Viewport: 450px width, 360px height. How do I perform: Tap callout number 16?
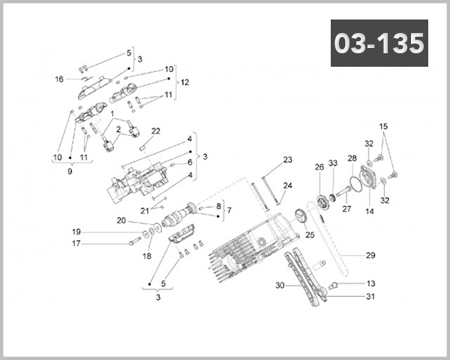tap(59, 79)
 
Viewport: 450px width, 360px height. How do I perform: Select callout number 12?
tap(185, 82)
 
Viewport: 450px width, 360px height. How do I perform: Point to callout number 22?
tap(156, 131)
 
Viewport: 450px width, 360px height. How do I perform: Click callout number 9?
tap(70, 172)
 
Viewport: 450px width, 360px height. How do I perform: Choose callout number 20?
tap(121, 220)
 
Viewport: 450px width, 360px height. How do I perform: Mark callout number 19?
tap(76, 231)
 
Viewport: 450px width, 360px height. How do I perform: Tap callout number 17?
tap(76, 243)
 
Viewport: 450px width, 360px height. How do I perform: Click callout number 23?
tap(287, 160)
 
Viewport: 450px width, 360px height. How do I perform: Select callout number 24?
tap(287, 185)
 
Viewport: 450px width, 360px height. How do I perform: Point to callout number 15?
tap(383, 126)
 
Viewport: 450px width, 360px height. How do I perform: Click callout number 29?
tap(370, 256)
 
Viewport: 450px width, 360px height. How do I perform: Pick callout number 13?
tap(370, 283)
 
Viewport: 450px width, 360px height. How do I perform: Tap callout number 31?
tap(370, 296)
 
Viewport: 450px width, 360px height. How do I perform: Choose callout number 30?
tap(280, 286)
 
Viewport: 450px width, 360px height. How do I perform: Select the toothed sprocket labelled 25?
tap(304, 220)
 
